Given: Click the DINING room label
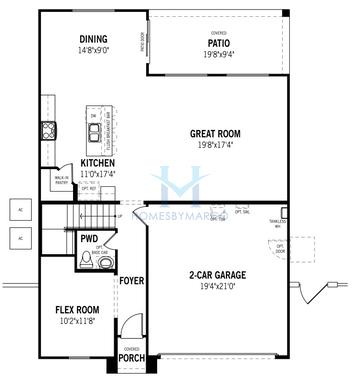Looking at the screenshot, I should [93, 40].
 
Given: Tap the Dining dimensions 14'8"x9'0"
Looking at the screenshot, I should [93, 50].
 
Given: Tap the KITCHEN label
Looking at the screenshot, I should [98, 163].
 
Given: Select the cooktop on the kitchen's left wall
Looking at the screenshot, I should [46, 130].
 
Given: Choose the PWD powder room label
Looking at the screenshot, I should [89, 239].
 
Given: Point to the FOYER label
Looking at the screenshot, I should [131, 281].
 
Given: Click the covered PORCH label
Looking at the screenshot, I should [131, 358].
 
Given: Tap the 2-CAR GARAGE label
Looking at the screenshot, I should [217, 275].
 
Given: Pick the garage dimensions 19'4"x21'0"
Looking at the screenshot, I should [217, 286].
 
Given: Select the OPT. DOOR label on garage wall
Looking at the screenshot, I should [280, 248].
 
